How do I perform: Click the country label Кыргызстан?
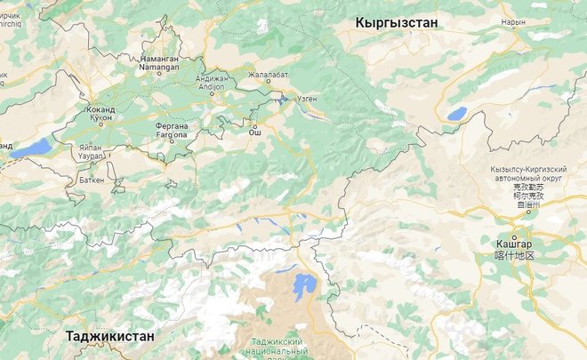pos(396,22)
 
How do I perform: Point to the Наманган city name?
pos(160,58)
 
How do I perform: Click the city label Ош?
pos(254,131)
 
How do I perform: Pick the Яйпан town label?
pos(90,148)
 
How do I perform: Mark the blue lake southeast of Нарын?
pos(456,114)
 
